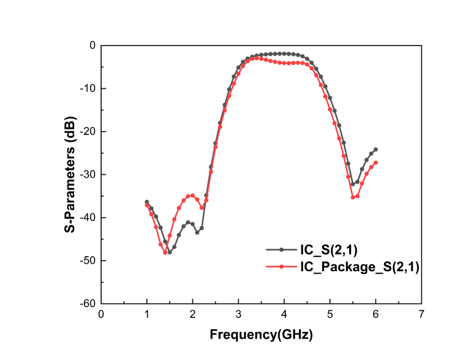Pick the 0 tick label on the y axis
tap(93, 46)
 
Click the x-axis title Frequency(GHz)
tap(261, 335)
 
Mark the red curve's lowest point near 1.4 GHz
tap(165, 253)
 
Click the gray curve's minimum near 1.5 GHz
tap(170, 252)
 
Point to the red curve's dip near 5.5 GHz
tap(353, 197)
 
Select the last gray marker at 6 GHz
tap(376, 149)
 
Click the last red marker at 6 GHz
tap(376, 163)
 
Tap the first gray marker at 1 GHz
tap(147, 202)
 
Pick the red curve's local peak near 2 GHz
tap(192, 196)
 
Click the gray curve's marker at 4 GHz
tap(284, 53)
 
